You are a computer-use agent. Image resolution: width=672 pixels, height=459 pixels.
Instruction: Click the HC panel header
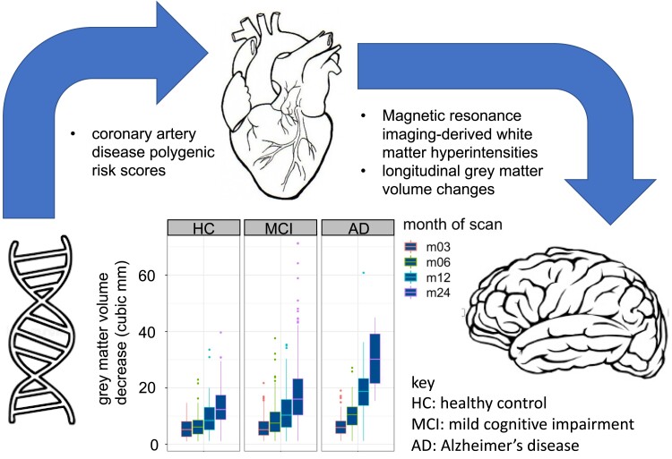coord(204,226)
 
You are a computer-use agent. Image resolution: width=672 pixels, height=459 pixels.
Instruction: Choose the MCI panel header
coord(281,226)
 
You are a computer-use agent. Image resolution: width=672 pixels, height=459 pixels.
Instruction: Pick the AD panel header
coord(358,226)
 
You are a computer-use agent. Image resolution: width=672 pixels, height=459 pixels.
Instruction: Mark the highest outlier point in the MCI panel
coord(297,243)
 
